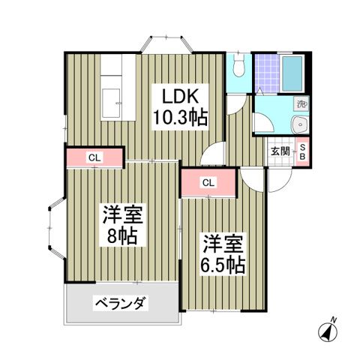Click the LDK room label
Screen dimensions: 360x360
tap(179, 97)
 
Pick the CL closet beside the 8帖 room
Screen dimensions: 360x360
tap(94, 157)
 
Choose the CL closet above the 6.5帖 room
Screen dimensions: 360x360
tap(208, 182)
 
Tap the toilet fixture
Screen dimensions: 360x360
tap(238, 67)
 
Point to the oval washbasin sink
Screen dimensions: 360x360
tap(301, 125)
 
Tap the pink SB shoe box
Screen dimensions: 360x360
tap(302, 152)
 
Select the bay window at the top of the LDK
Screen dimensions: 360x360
tap(168, 42)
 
